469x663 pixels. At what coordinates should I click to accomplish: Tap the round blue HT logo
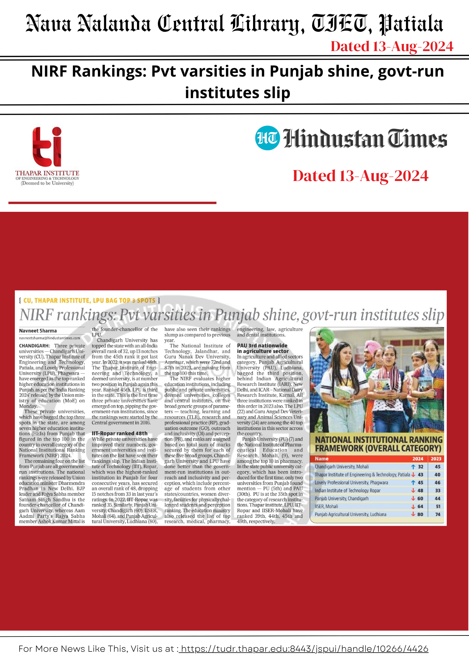(267, 138)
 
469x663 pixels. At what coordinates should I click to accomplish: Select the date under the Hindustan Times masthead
(361, 176)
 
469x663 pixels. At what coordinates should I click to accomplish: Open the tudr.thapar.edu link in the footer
(303, 649)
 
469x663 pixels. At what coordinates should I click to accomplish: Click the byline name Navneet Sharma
(38, 331)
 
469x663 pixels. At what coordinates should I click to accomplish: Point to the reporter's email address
(49, 338)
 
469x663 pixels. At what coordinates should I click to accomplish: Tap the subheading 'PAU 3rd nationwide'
(262, 345)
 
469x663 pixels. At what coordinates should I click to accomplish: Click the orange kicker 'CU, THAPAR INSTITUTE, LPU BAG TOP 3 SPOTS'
(89, 301)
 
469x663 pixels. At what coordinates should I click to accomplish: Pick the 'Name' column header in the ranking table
(321, 459)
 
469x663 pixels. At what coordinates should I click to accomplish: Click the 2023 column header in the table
(436, 459)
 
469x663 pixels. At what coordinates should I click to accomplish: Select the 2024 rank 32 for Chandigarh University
(421, 467)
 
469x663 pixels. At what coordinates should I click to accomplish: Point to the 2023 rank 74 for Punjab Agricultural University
(438, 514)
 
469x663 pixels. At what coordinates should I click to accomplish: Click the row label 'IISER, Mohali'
(326, 507)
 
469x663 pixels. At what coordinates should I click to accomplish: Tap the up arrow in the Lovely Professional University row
(413, 483)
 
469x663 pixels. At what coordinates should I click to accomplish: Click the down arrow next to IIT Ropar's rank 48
(413, 491)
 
